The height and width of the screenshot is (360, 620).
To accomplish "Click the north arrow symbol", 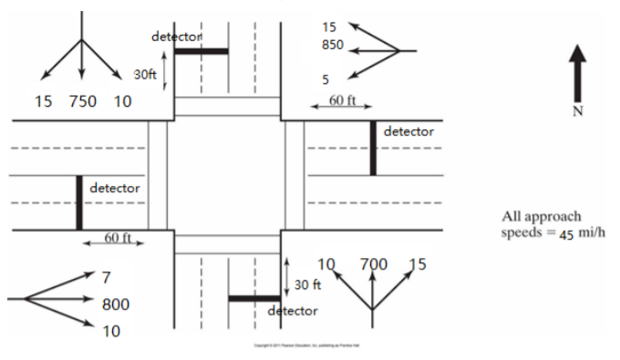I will [x=577, y=75].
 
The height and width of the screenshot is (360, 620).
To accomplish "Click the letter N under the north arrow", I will [x=577, y=111].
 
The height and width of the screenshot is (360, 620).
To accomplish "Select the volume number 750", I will [x=82, y=101].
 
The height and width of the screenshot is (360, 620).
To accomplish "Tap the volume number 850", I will [x=333, y=44].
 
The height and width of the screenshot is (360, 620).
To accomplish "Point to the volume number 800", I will [x=115, y=304].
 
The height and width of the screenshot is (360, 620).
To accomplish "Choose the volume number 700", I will [x=373, y=264].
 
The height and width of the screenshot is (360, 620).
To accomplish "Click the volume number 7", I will [x=106, y=276].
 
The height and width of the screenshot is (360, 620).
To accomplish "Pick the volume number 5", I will [x=325, y=79].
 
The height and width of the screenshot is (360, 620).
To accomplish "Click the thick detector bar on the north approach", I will [x=201, y=51].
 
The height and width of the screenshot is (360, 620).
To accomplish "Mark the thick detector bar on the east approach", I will [x=373, y=148].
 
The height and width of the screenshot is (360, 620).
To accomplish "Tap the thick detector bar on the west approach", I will [x=79, y=202].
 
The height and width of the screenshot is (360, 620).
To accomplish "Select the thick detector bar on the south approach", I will [x=253, y=298].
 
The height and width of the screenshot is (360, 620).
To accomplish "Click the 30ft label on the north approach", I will [x=145, y=73].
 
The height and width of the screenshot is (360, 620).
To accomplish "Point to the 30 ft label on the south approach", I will [x=307, y=284].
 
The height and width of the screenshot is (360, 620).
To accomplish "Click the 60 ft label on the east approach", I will [x=342, y=100].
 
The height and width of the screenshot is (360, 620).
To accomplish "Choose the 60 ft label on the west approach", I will [x=116, y=238].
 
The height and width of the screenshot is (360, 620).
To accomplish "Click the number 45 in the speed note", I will [x=565, y=233].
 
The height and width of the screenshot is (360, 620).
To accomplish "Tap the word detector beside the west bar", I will [x=115, y=188].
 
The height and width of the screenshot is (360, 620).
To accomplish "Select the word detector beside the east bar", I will [x=408, y=131].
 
